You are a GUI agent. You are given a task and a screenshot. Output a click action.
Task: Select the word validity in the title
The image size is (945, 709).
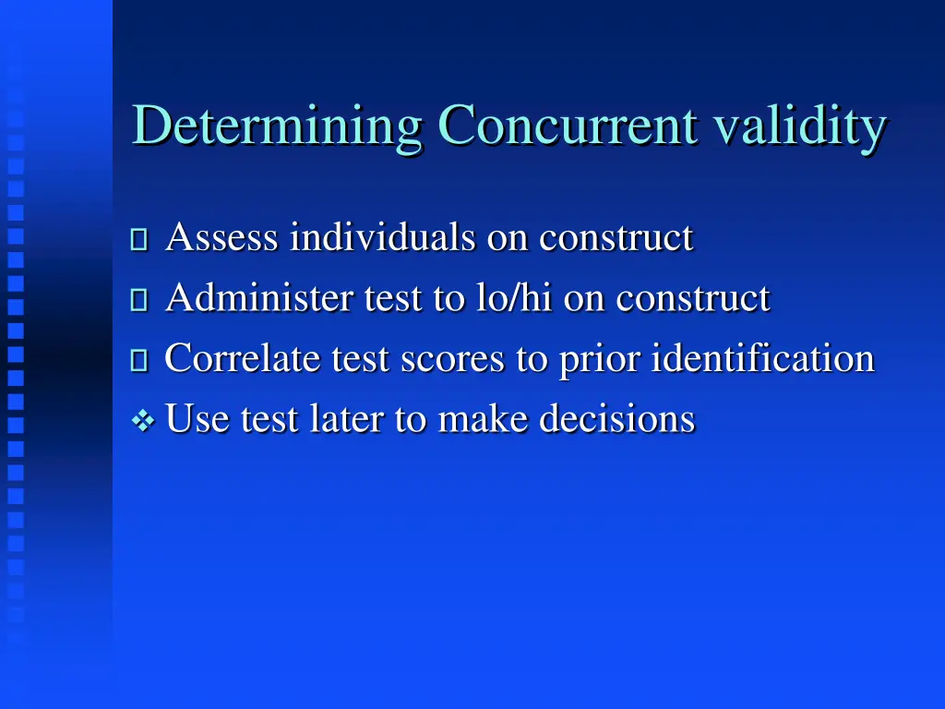coord(799,127)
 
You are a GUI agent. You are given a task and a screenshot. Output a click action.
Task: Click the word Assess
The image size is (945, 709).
coord(221,238)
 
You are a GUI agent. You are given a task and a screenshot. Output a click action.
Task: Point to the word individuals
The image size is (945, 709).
coord(382,238)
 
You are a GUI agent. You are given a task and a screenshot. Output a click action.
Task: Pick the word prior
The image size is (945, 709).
coord(600,359)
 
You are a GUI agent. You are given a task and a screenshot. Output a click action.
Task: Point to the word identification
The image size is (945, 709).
coord(762,358)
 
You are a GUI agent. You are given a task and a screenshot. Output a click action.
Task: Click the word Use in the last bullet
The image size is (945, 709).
coord(198,419)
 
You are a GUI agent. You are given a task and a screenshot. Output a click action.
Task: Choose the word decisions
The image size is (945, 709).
coord(616,419)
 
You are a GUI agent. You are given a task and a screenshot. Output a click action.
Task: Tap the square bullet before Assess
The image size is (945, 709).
coord(139,241)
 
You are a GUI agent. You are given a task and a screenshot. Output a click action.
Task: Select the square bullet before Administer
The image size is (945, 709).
coord(139,301)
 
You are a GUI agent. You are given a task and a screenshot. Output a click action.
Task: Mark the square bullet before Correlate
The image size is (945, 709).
coord(139,361)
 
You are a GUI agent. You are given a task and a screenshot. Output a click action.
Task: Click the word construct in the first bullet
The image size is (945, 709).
coord(616,238)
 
